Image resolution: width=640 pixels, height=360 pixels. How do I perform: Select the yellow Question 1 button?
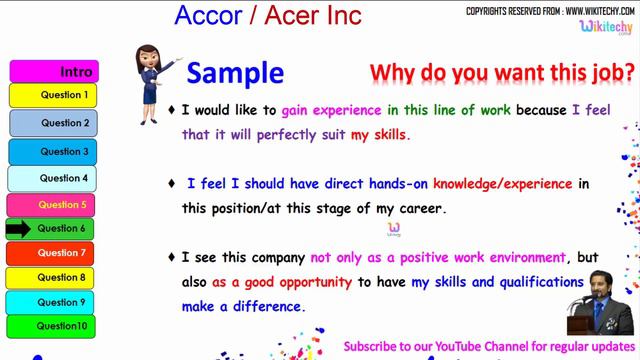pyautogui.click(x=65, y=95)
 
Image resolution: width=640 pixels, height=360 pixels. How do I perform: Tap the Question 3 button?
pyautogui.click(x=65, y=152)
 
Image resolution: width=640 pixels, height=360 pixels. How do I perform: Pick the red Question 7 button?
pyautogui.click(x=65, y=253)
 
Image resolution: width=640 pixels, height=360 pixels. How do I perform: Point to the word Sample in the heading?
pyautogui.click(x=235, y=73)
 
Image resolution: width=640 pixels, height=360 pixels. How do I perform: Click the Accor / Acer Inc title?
pyautogui.click(x=268, y=16)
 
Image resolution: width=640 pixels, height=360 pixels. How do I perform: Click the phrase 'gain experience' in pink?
pyautogui.click(x=331, y=110)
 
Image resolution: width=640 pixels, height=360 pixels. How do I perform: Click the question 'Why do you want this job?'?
pyautogui.click(x=502, y=73)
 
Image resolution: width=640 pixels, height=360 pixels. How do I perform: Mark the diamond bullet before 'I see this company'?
pyautogui.click(x=172, y=257)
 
